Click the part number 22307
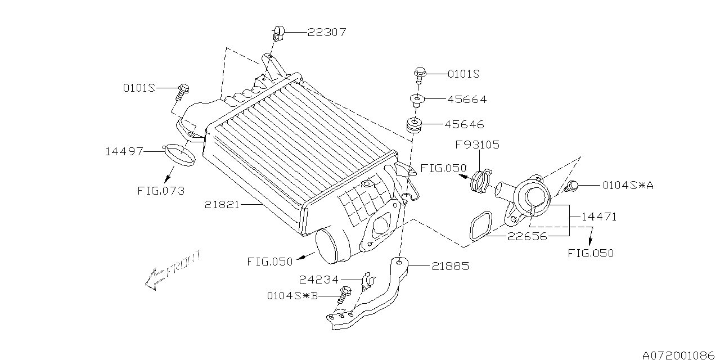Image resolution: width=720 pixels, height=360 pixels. [x=327, y=32]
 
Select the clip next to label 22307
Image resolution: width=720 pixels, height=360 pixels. [x=278, y=34]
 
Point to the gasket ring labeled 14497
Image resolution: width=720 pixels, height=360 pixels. [x=180, y=155]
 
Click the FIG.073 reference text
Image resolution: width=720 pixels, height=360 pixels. [x=161, y=191]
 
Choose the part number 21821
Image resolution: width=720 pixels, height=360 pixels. [x=222, y=205]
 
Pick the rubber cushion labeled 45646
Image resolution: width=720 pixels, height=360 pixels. [x=413, y=125]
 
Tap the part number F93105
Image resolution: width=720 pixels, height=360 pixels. [x=478, y=145]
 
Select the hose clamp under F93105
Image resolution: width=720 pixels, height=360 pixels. [x=481, y=181]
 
